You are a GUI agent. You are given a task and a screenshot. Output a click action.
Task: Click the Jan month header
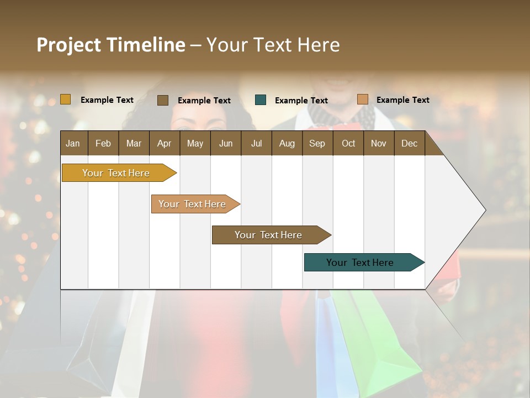coord(73,143)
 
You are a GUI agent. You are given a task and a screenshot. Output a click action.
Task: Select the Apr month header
coord(164,143)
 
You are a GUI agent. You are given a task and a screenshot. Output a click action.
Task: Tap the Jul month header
coord(256,143)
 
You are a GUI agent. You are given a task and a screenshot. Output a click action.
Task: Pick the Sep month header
coord(317,143)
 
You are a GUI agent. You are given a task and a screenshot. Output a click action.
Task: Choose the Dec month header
coord(409,143)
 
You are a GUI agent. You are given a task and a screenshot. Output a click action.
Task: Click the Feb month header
coord(103,143)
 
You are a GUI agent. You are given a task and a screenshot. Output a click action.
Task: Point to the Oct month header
coord(348,143)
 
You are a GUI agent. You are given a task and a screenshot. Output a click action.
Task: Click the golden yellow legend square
coord(65,99)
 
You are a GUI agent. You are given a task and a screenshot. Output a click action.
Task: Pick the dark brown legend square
coord(163,100)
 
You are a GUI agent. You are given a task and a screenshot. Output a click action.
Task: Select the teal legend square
coord(261,100)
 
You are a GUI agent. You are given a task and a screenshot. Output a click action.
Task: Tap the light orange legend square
coord(362,99)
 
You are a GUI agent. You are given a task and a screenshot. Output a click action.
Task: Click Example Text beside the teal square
coord(301,101)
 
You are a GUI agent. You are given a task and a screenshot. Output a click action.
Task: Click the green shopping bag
coord(381,337)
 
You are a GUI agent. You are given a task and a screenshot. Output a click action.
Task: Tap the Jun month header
coord(226,143)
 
